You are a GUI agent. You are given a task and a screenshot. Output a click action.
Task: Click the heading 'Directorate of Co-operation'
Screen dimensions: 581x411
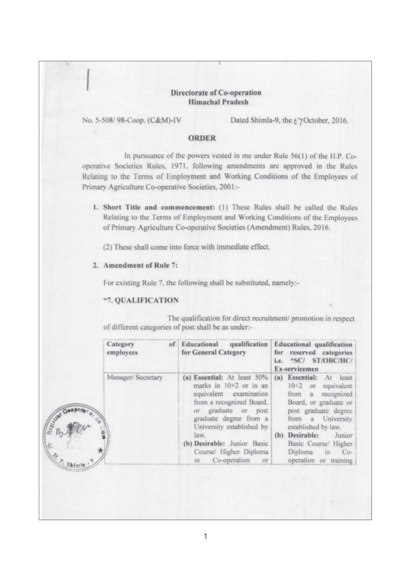coord(216,93)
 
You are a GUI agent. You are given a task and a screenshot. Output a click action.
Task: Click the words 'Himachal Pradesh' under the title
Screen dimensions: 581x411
coord(218,102)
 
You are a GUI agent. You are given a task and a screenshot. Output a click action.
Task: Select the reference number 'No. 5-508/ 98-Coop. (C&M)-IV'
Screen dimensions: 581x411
coord(131,120)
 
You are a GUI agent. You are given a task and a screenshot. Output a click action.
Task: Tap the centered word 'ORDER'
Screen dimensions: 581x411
coord(202,138)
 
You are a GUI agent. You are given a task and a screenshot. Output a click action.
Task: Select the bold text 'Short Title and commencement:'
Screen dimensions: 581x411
coord(159,208)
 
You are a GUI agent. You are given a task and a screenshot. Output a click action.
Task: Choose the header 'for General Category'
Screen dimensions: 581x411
coord(214,352)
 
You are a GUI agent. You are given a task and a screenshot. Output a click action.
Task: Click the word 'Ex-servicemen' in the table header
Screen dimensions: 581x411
coord(296,369)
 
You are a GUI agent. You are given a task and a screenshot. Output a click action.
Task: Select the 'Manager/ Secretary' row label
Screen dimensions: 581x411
coord(134,378)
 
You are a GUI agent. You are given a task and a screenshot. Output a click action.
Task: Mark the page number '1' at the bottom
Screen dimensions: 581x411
coord(205,537)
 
